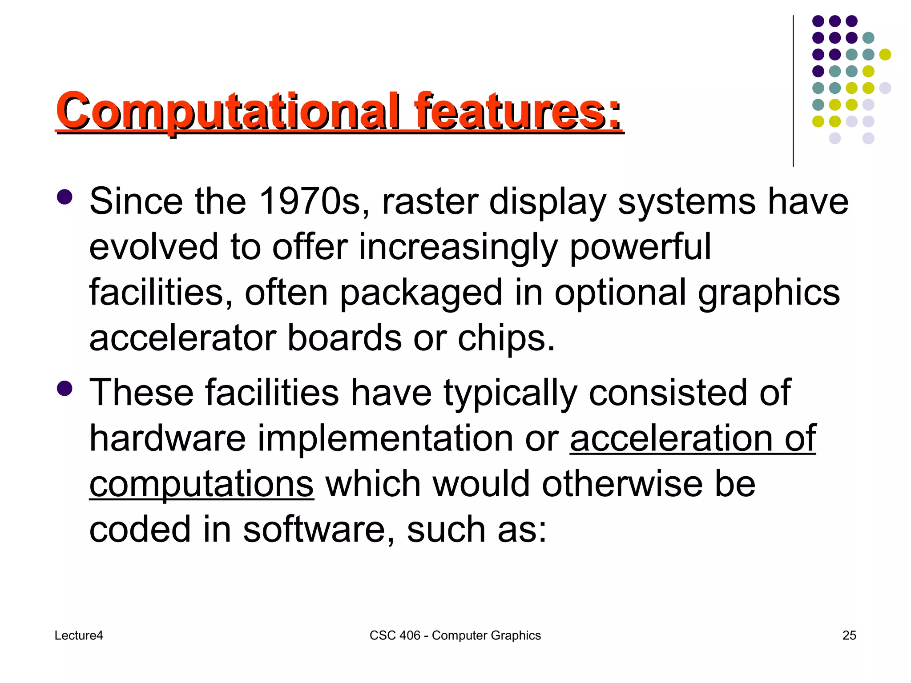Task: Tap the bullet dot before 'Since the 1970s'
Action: click(64, 197)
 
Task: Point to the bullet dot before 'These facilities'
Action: click(64, 388)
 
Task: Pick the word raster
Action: click(430, 202)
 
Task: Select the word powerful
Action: click(640, 247)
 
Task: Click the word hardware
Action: click(168, 438)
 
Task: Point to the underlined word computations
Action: click(202, 485)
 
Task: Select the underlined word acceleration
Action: click(671, 438)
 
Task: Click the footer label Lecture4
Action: click(79, 635)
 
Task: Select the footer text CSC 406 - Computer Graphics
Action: click(455, 635)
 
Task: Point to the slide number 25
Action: click(849, 635)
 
